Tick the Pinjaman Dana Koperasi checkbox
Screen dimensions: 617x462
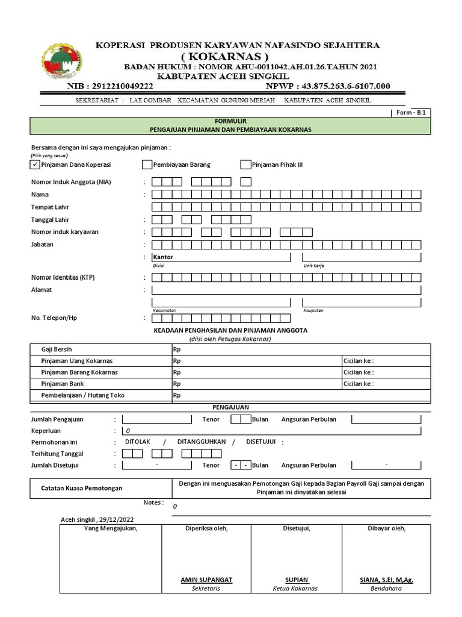tap(35, 164)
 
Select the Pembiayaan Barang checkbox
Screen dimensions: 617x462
tap(147, 164)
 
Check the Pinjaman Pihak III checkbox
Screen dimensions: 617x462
tap(245, 164)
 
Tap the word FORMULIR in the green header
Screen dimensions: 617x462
tap(230, 121)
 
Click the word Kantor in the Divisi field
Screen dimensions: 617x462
tap(163, 257)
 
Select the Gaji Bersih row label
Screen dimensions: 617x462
tap(57, 349)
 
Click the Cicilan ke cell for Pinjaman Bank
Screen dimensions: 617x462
tap(385, 384)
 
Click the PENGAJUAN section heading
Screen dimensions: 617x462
tap(230, 407)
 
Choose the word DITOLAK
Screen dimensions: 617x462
tap(137, 442)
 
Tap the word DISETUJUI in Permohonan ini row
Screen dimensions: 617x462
tap(261, 442)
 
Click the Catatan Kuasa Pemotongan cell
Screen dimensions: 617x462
tap(81, 488)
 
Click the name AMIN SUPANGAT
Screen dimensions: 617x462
tap(206, 580)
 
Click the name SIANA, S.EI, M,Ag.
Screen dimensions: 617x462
tap(386, 580)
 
